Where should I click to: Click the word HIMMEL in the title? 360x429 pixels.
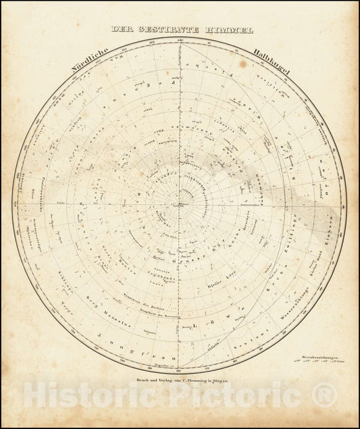pos(231,30)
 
